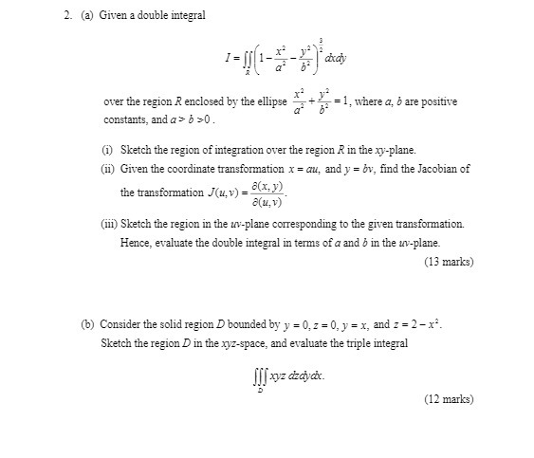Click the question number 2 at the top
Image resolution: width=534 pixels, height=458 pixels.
click(x=56, y=15)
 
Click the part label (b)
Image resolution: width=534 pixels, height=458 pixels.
click(x=87, y=323)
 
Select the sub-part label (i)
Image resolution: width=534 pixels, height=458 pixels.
click(x=107, y=150)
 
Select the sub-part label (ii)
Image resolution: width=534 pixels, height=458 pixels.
click(x=108, y=169)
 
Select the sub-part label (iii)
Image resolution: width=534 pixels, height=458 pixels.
click(x=110, y=225)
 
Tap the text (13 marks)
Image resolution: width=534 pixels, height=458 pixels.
click(x=449, y=261)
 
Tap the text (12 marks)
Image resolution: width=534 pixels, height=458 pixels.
click(x=449, y=399)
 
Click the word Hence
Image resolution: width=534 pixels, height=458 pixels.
click(x=135, y=243)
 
